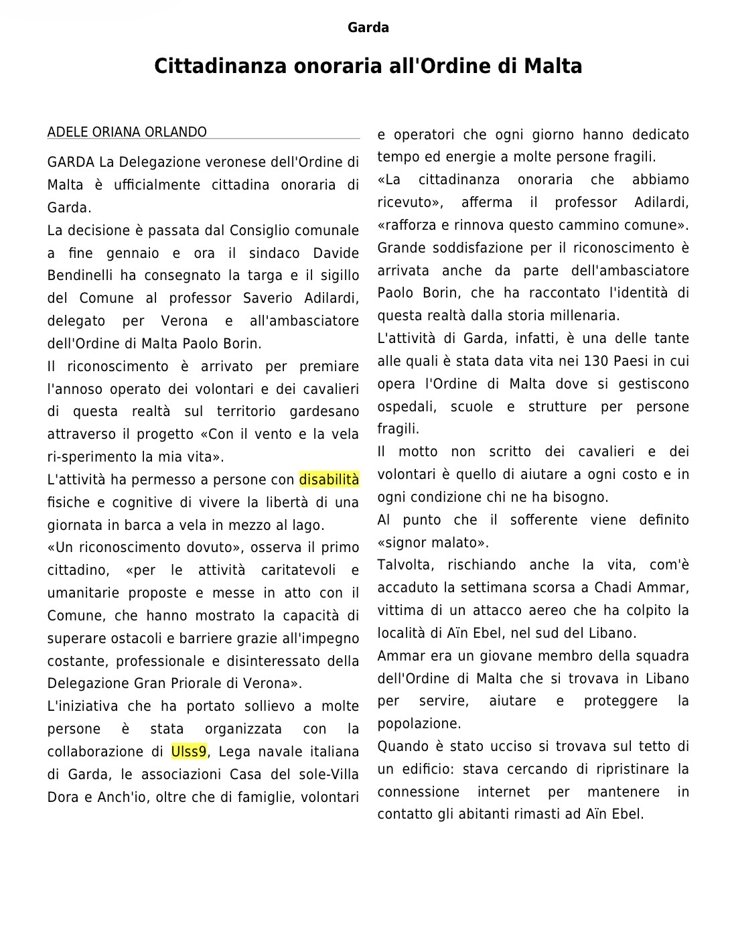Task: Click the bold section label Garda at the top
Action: [x=368, y=27]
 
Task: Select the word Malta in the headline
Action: [x=553, y=66]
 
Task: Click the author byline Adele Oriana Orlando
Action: [x=127, y=132]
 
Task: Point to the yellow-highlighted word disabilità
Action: [x=329, y=480]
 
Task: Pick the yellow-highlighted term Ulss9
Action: [x=189, y=752]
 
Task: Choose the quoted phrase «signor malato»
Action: [x=433, y=543]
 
